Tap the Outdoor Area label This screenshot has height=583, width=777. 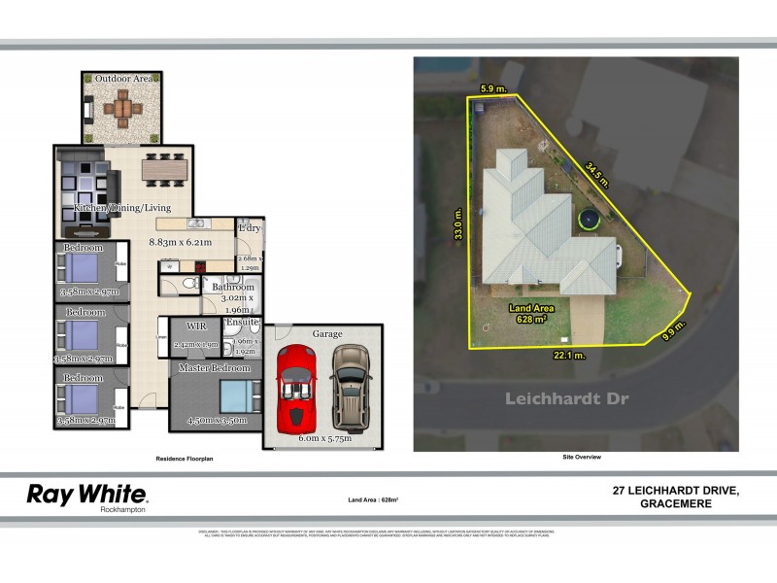click(122, 78)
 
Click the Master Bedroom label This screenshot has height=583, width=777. click(215, 368)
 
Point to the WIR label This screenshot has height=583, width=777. click(196, 326)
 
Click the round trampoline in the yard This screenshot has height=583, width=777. click(587, 221)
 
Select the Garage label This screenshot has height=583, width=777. click(327, 332)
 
